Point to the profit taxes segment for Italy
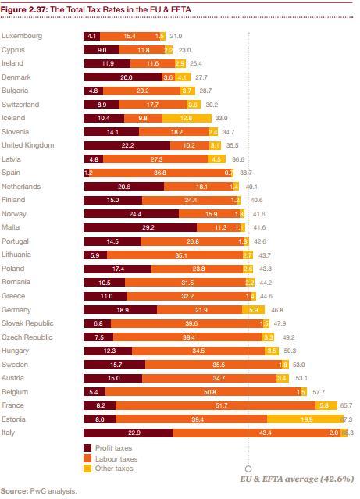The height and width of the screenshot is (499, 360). (128, 433)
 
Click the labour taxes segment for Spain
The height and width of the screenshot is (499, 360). (159, 172)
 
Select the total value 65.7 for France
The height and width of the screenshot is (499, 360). (346, 405)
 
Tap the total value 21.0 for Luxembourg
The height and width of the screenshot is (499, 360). (176, 36)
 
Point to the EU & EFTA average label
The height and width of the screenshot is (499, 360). (297, 478)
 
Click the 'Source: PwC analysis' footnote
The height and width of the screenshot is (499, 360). (39, 491)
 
